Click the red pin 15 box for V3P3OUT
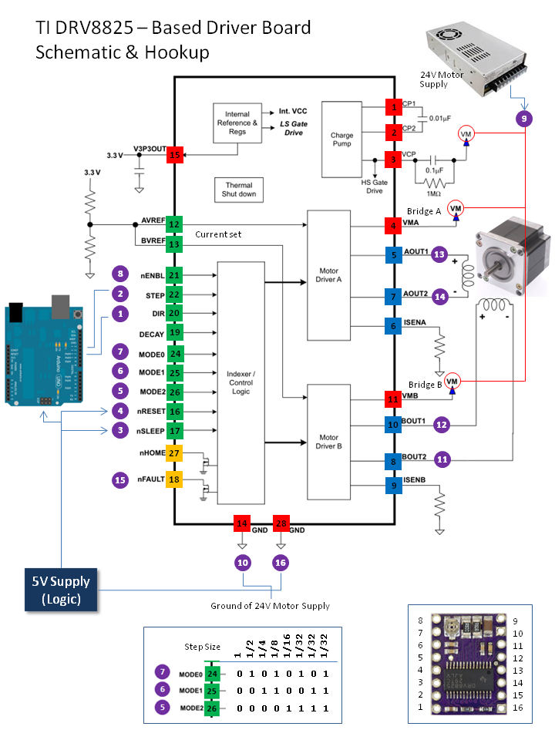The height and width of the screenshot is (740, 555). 174,156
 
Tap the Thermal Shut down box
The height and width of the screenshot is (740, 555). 240,190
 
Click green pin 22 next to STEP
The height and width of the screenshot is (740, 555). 174,294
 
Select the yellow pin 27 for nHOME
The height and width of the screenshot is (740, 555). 174,452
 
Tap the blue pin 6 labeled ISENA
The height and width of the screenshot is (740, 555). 393,326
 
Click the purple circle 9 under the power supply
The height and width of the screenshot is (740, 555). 524,119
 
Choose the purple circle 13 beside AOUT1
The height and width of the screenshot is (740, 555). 439,254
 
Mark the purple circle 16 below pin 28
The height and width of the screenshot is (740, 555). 281,563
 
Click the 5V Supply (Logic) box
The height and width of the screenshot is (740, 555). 61,589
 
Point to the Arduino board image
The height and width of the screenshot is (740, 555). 44,353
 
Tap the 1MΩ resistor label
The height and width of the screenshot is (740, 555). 436,195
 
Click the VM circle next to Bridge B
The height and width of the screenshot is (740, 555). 452,382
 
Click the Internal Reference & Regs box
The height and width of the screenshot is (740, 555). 237,123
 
